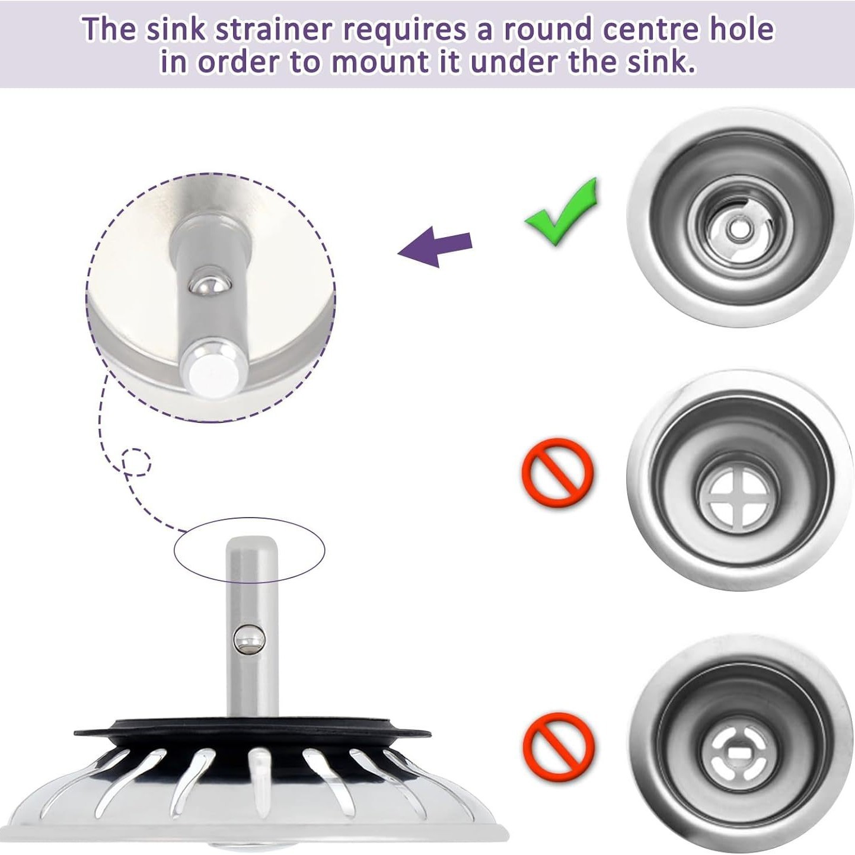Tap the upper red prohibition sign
557,473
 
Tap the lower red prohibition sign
559,746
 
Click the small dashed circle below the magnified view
136,461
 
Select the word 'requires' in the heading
404,30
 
